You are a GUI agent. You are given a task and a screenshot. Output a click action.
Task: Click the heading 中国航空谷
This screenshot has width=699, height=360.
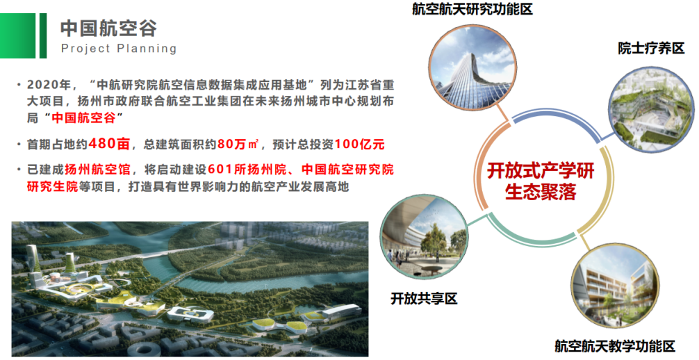click(108, 28)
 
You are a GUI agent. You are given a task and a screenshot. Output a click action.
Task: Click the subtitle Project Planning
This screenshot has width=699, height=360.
click(119, 49)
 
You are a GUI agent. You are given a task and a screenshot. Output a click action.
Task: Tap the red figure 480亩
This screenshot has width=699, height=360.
click(109, 144)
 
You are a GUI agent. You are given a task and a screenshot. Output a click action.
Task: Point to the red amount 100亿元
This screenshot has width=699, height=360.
click(359, 144)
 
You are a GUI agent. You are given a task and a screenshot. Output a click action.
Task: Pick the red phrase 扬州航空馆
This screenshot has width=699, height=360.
click(97, 170)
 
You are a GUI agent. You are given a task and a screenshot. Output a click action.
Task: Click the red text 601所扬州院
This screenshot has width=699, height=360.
click(247, 170)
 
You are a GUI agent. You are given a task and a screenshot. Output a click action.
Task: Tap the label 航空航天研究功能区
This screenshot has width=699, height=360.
click(472, 9)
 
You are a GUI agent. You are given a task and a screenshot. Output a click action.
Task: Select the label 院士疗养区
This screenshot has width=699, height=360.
click(651, 48)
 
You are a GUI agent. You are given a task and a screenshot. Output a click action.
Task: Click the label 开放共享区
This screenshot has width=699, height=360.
click(424, 298)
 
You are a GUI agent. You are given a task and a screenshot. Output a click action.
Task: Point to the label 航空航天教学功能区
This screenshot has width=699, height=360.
click(615, 345)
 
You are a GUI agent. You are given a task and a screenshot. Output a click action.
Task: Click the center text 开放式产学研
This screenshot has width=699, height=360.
click(541, 171)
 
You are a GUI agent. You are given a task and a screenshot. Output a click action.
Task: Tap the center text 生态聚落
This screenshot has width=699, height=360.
click(541, 192)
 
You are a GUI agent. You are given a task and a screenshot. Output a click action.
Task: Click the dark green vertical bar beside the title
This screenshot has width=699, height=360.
click(43, 35)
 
